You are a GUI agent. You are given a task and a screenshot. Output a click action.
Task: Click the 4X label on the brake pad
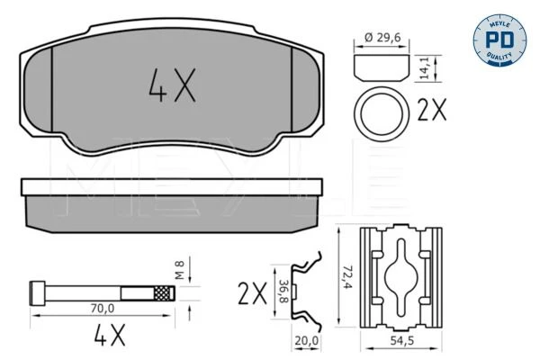tap(172, 85)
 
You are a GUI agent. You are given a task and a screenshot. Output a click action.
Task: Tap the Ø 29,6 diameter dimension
tap(382, 37)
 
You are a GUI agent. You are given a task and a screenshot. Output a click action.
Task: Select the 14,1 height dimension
tap(426, 67)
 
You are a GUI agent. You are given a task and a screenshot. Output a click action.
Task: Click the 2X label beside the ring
tap(432, 110)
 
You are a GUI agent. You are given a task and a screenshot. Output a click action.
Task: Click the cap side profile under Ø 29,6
tap(382, 67)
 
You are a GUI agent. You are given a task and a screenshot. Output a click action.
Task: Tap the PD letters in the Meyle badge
tap(499, 40)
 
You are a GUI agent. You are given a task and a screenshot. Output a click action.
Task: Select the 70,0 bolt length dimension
tap(103, 309)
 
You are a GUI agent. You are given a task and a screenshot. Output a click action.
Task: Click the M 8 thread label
tap(179, 270)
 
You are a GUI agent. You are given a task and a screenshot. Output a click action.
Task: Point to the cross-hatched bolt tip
tap(164, 293)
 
